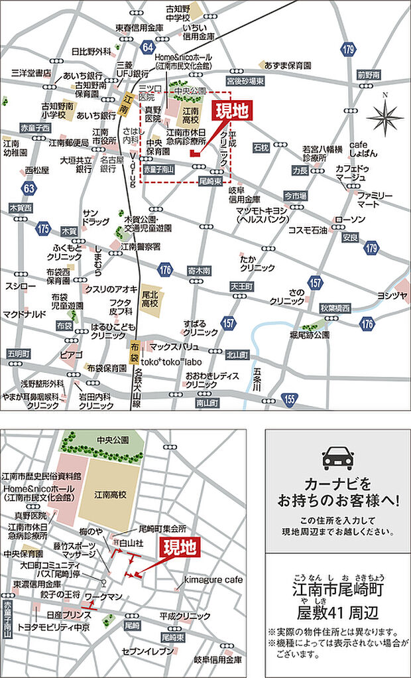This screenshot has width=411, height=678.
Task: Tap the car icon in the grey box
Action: click(x=337, y=457)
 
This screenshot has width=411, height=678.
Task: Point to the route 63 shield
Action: click(x=28, y=188)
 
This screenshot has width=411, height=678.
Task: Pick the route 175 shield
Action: click(x=44, y=229)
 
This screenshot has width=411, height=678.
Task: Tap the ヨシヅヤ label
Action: click(x=392, y=295)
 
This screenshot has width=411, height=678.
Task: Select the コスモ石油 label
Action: click(x=308, y=230)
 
